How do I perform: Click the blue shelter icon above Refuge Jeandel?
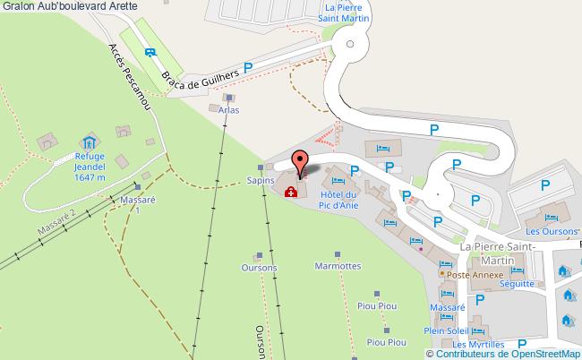90,142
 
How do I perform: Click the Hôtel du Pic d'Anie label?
338,200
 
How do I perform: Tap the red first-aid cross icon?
290,192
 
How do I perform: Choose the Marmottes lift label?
338,266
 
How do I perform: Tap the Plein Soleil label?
446,330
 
